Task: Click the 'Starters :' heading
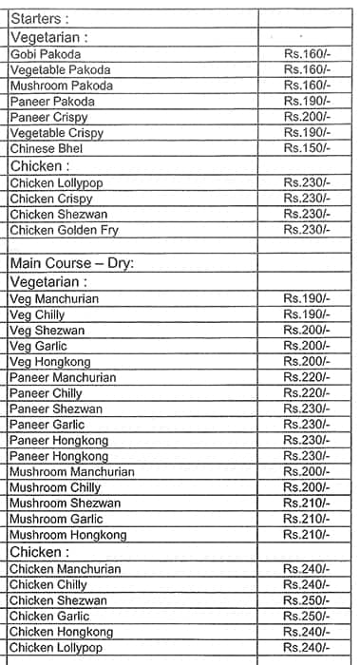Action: [x=41, y=18]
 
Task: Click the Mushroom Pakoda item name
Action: [x=61, y=85]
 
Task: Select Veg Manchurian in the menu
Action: [x=54, y=298]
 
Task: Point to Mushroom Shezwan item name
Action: [x=66, y=503]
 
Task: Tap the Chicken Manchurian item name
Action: [x=66, y=569]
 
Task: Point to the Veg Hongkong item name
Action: [x=49, y=362]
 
